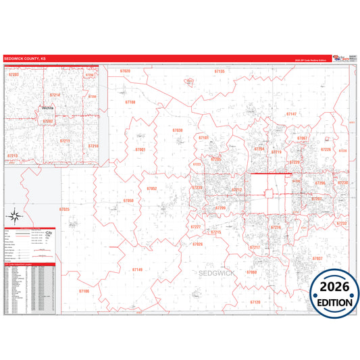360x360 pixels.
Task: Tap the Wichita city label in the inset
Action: coord(48,107)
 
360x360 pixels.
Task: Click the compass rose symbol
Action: coord(15,217)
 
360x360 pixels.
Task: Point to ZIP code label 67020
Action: coord(124,71)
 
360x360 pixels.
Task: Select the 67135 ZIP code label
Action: coord(220,71)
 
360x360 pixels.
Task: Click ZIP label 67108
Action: coord(130,102)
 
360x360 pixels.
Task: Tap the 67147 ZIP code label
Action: coord(291,114)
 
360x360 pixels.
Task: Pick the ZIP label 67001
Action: coord(140,149)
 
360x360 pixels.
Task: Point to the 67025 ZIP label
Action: coord(64,209)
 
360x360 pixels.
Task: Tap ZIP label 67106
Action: coord(84,290)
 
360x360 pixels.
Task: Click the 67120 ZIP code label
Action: coord(255,302)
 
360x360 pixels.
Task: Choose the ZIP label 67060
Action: coord(252,272)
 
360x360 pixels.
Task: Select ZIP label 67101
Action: coord(203,138)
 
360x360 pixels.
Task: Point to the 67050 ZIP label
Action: coord(128,201)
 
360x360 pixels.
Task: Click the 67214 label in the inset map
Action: coord(55,95)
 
